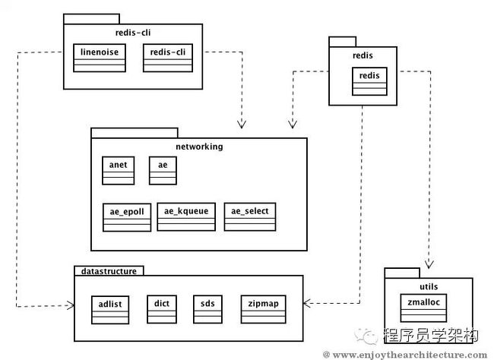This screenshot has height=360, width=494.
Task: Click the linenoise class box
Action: (x=100, y=58)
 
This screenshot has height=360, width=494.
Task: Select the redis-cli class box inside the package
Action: (x=168, y=58)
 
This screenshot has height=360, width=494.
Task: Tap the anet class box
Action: (x=118, y=170)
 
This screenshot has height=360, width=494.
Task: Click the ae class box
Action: (x=163, y=170)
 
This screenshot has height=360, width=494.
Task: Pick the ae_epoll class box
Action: (x=127, y=217)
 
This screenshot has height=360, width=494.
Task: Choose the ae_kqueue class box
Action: (x=186, y=216)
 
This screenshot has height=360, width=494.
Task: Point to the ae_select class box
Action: (x=250, y=216)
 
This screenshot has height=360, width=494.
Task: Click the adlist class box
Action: (x=110, y=310)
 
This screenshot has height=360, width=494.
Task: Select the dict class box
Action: (x=162, y=309)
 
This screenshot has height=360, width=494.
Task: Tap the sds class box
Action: (x=207, y=309)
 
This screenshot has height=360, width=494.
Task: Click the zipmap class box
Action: (x=264, y=309)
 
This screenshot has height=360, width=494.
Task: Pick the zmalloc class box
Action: (x=423, y=308)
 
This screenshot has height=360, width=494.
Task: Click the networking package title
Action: (x=199, y=147)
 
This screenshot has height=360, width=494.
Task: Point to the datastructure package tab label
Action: (x=109, y=271)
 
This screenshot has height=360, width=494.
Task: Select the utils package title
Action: (x=429, y=286)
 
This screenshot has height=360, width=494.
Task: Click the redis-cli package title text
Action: (x=133, y=33)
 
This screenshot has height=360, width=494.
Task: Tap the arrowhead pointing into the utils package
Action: (x=429, y=264)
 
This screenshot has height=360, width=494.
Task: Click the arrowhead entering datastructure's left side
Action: (x=71, y=305)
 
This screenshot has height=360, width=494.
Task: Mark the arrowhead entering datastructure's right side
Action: (x=307, y=303)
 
